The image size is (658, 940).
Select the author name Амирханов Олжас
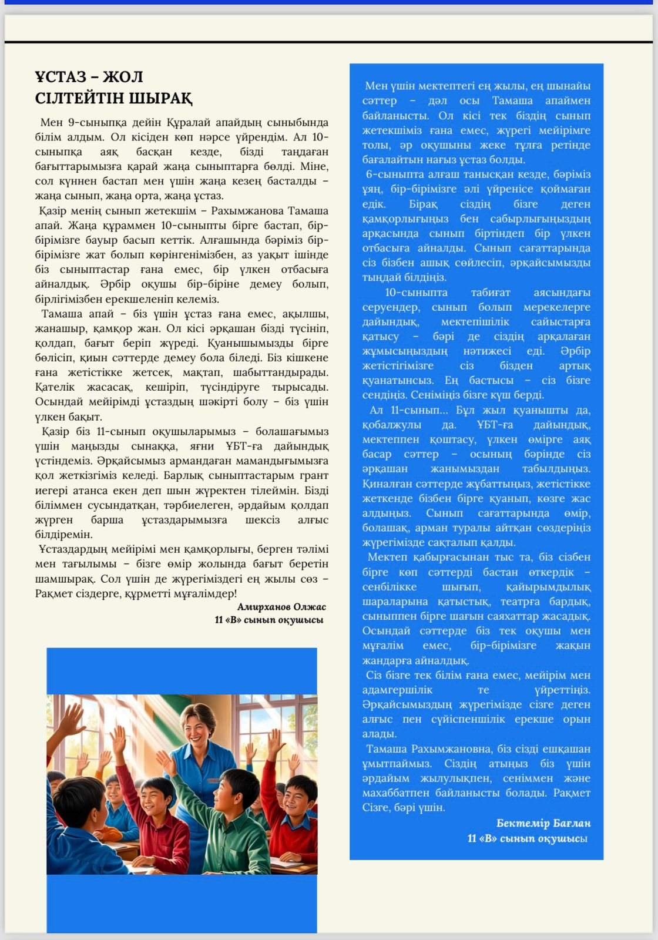[x=281, y=607]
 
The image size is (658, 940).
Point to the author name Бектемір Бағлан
[x=543, y=823]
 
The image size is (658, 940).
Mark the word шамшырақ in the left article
[x=65, y=579]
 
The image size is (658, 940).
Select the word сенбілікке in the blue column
[x=390, y=587]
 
